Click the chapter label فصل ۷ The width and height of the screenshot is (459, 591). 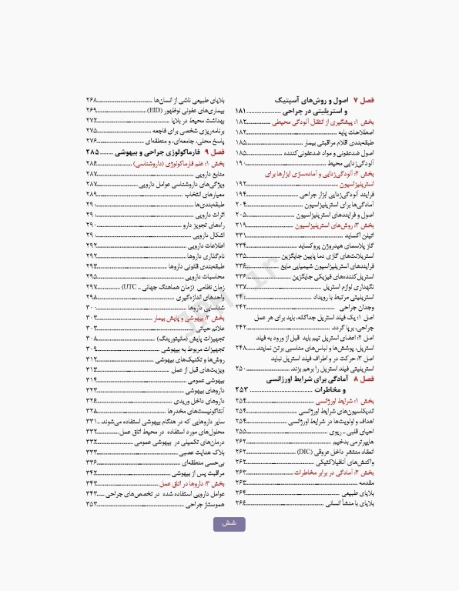(x=364, y=101)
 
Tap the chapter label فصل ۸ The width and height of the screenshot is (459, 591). (x=364, y=380)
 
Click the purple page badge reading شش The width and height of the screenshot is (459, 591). (x=229, y=524)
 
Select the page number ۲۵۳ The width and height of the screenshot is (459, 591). (x=245, y=390)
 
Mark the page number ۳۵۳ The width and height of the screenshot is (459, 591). (x=95, y=504)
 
